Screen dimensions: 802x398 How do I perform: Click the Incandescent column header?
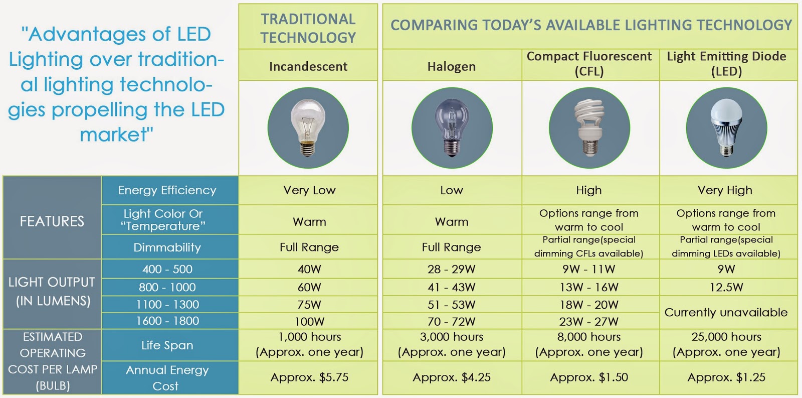point(308,66)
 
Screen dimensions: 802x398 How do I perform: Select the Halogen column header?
point(452,66)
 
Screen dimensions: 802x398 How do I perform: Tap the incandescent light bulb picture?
point(308,127)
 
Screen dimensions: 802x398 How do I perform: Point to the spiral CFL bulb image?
point(589,127)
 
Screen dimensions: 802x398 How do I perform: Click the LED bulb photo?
point(726,127)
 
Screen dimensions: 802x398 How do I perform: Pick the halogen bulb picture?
point(452,127)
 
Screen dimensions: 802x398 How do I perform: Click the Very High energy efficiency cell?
point(725,190)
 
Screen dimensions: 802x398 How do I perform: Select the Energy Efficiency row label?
point(167,190)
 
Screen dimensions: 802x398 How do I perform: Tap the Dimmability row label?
point(167,247)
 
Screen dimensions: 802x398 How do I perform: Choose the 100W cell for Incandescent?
point(309,321)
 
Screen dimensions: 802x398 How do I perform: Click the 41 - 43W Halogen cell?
point(452,287)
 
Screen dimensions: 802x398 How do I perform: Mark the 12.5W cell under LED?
point(726,287)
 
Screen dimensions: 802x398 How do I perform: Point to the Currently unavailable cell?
point(726,312)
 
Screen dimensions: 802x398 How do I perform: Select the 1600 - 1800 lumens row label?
point(167,321)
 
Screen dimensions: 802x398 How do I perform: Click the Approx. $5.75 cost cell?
point(309,377)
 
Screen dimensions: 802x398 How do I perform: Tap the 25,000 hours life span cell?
point(726,345)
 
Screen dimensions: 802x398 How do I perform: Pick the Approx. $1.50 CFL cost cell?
point(589,377)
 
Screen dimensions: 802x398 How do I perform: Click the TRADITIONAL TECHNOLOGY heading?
point(308,28)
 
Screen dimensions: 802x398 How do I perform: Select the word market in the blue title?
point(113,135)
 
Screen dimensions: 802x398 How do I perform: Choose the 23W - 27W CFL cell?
point(589,321)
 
